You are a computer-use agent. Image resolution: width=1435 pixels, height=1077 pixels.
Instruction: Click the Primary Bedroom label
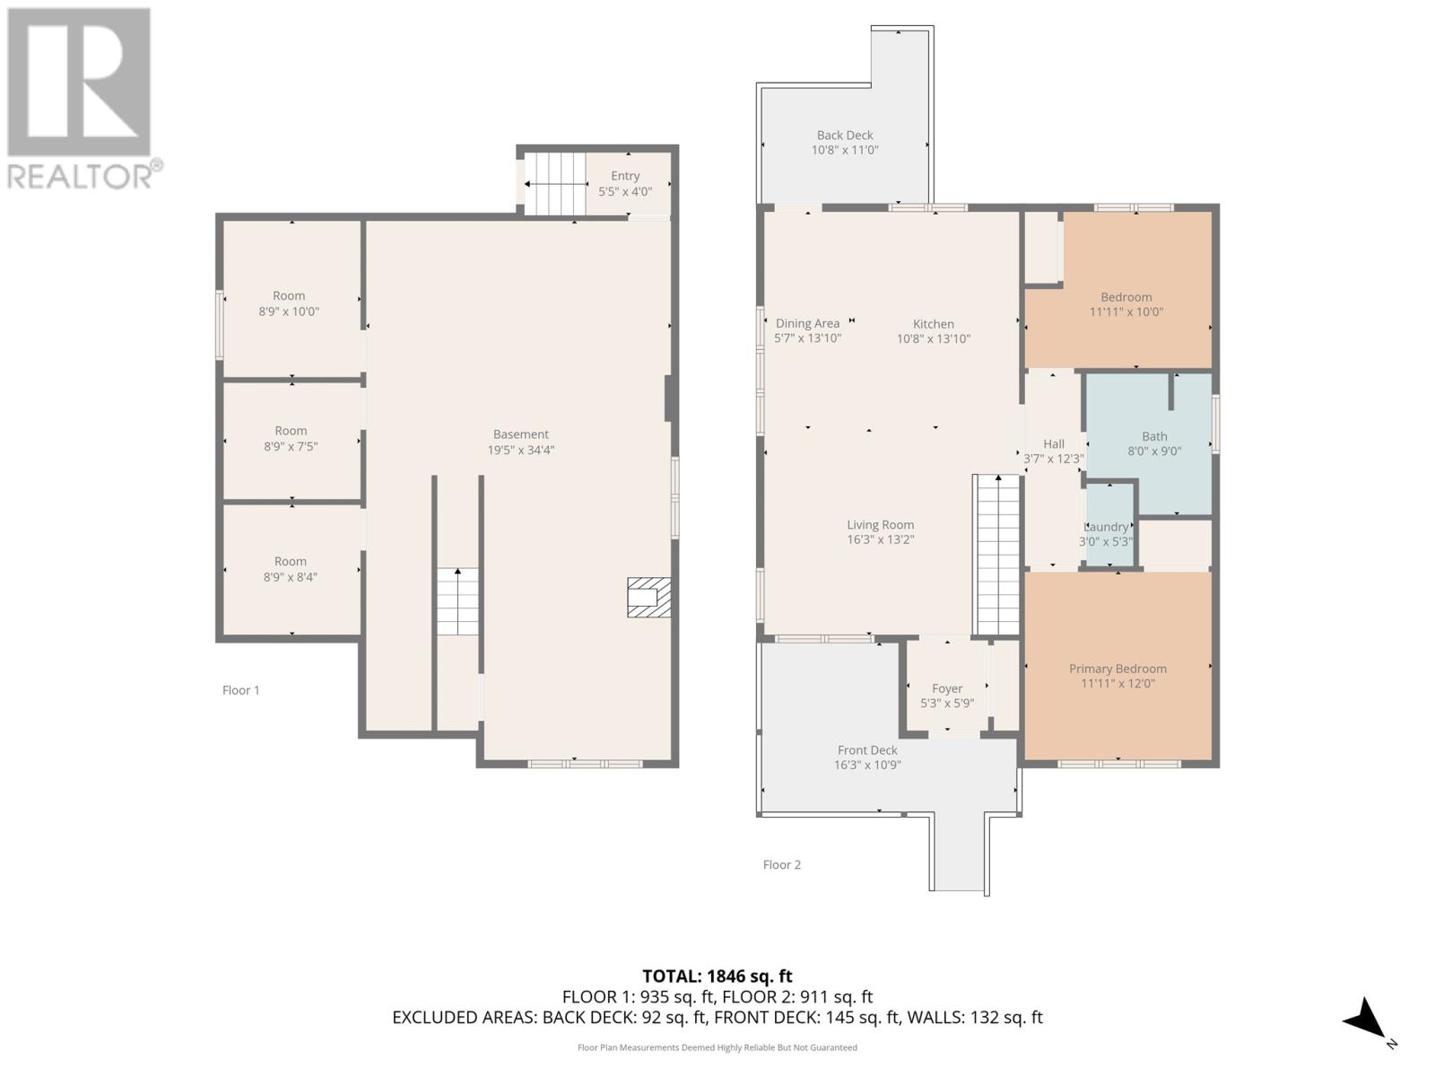(1118, 669)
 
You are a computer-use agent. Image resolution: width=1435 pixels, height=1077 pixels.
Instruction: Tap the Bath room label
(1154, 437)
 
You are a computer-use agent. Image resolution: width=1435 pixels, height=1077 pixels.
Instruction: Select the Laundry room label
(1107, 528)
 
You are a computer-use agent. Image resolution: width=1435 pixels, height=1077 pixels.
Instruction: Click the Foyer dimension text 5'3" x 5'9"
(947, 704)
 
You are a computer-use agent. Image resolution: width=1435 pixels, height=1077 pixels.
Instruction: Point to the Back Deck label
(845, 136)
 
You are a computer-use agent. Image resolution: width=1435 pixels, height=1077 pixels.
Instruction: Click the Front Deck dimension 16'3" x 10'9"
(867, 766)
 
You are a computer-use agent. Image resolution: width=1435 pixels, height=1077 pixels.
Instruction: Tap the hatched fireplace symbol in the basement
(648, 598)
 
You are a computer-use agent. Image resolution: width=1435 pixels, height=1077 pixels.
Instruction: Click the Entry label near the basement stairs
(625, 176)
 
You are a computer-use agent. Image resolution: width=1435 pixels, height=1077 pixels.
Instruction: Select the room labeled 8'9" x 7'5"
(291, 439)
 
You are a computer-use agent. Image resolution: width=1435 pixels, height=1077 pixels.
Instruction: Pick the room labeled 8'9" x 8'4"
(291, 569)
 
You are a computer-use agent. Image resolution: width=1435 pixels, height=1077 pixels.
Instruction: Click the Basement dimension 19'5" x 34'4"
(521, 451)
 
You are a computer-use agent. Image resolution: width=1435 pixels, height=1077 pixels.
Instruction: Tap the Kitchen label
(934, 324)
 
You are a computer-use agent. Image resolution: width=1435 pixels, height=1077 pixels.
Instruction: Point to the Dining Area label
(807, 324)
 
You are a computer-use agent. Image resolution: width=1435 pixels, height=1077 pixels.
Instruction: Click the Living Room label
(881, 525)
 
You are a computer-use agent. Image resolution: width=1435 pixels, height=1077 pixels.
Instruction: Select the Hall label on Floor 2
(1054, 444)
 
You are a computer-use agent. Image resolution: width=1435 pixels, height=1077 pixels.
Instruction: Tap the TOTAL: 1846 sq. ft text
(717, 976)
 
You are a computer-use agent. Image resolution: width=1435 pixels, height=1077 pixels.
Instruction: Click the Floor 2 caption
(782, 865)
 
